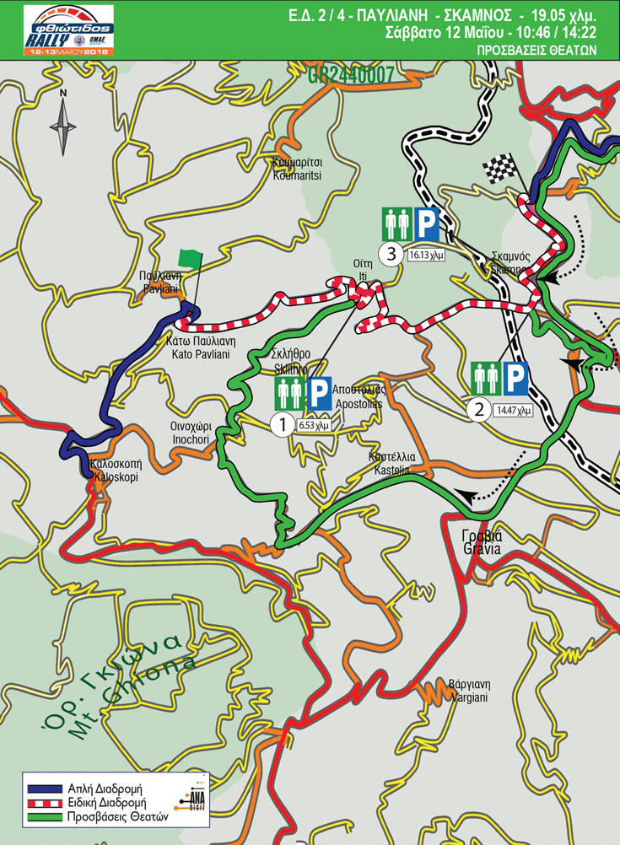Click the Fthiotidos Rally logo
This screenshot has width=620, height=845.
point(68,30)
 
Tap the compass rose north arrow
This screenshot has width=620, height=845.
point(63,126)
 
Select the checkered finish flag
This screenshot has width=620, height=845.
point(499,169)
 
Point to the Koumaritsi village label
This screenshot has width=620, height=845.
point(299,170)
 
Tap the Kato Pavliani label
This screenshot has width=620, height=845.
point(201,348)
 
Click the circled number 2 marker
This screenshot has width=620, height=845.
point(479,411)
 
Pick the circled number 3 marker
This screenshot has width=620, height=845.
point(390,252)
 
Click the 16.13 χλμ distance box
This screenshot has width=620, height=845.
point(425,253)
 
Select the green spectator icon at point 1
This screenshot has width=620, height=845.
point(288,394)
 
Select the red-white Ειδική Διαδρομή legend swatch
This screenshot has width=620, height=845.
point(46,802)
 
